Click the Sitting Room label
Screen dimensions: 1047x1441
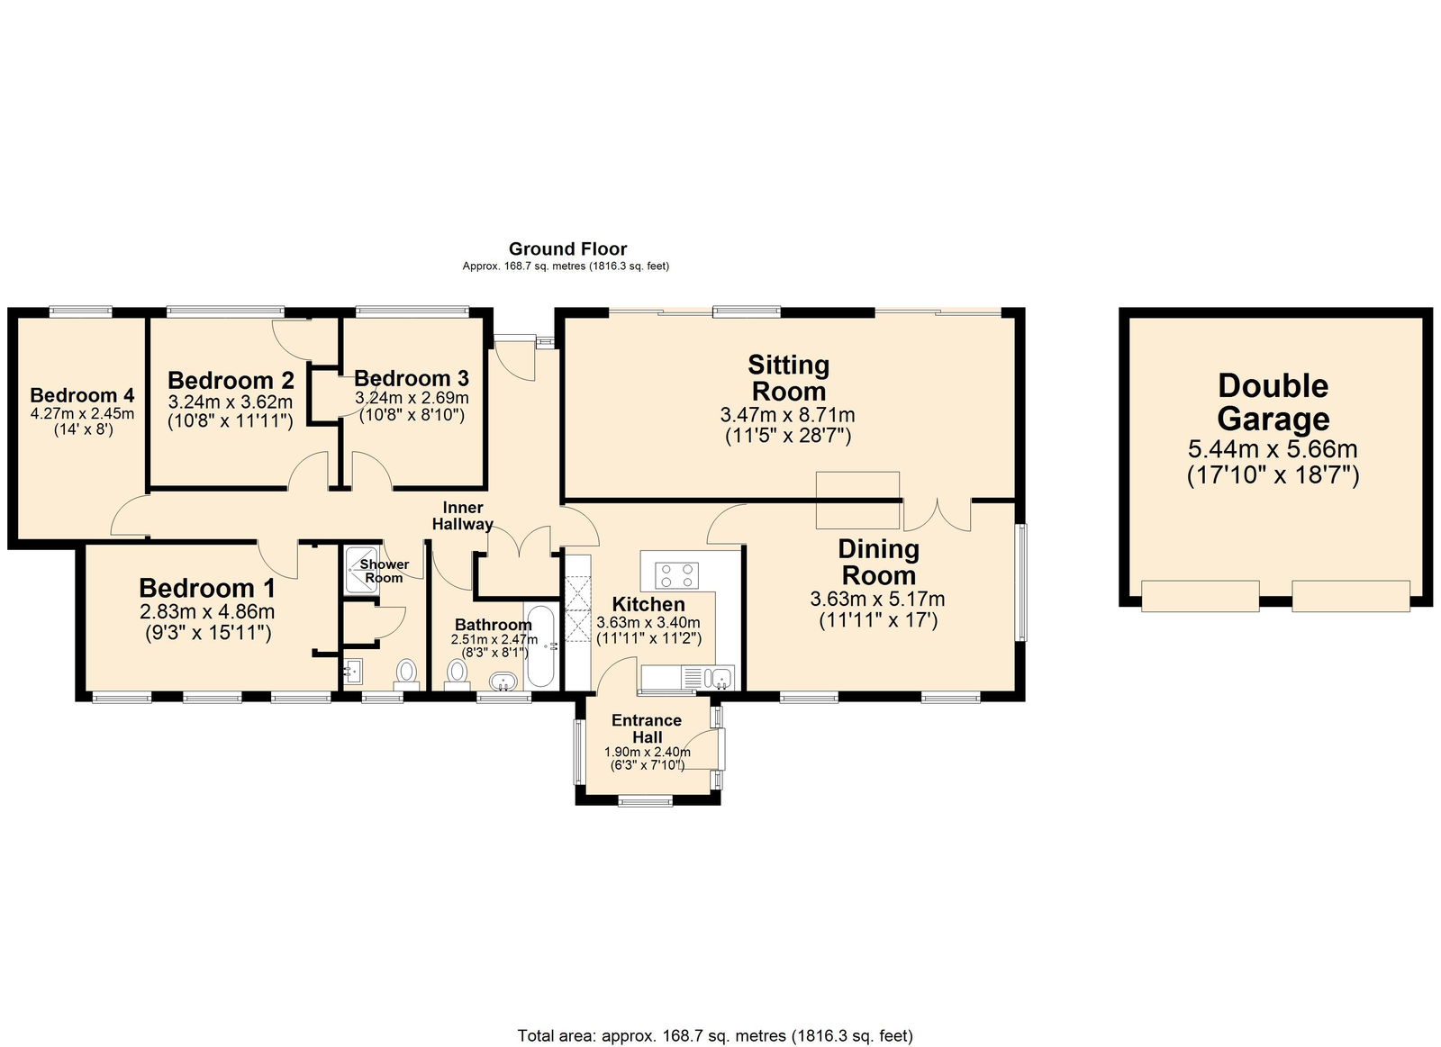pyautogui.click(x=788, y=378)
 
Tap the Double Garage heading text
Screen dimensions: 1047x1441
pyautogui.click(x=1273, y=402)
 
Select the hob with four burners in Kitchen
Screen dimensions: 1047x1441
pyautogui.click(x=677, y=574)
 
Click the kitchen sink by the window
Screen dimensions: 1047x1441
pyautogui.click(x=720, y=677)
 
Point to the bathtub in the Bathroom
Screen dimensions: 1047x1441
pyautogui.click(x=540, y=646)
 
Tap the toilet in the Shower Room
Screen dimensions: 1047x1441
pyautogui.click(x=407, y=672)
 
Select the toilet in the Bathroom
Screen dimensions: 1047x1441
pyautogui.click(x=458, y=673)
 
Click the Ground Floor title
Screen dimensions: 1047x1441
pyautogui.click(x=567, y=248)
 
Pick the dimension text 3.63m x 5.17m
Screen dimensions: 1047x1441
pyautogui.click(x=877, y=600)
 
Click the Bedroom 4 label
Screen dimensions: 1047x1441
pyautogui.click(x=82, y=395)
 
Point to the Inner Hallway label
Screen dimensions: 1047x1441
pyautogui.click(x=463, y=516)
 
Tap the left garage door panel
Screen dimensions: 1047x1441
pyautogui.click(x=1200, y=595)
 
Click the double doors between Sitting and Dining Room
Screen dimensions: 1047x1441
pyautogui.click(x=938, y=514)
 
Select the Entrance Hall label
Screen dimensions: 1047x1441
pyautogui.click(x=647, y=728)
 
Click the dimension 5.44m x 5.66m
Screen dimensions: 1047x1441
pyautogui.click(x=1273, y=449)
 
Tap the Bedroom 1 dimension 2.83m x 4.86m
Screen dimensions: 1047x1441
pyautogui.click(x=207, y=612)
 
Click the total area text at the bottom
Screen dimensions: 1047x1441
pyautogui.click(x=714, y=1035)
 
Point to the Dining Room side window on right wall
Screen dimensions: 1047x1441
pyautogui.click(x=1020, y=582)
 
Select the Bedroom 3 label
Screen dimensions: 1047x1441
pyautogui.click(x=411, y=378)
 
